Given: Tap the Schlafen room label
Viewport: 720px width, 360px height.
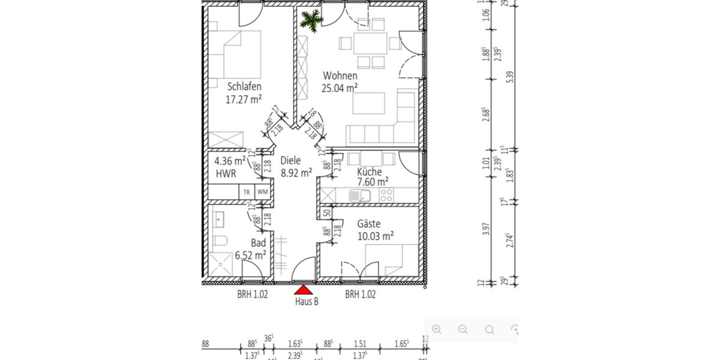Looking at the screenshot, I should [x=244, y=86].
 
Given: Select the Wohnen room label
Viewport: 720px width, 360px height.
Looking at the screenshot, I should [x=340, y=76].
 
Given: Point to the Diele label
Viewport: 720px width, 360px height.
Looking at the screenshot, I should [x=290, y=161].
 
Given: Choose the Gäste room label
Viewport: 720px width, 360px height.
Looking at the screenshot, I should [x=368, y=223].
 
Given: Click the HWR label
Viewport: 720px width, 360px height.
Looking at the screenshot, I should [x=226, y=173].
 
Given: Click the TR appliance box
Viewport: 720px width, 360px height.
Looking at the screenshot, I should [x=247, y=192].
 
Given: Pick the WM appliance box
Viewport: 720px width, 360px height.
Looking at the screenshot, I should [x=262, y=192].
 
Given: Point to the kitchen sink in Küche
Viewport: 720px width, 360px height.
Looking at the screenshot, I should [x=362, y=194].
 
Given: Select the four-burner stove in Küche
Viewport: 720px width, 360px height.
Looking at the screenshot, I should [x=386, y=194].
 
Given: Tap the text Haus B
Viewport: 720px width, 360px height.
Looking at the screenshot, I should [x=306, y=302].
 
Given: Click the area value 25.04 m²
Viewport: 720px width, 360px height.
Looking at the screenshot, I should [x=340, y=88].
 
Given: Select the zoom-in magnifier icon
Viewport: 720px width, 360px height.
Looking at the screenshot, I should [x=436, y=329].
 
